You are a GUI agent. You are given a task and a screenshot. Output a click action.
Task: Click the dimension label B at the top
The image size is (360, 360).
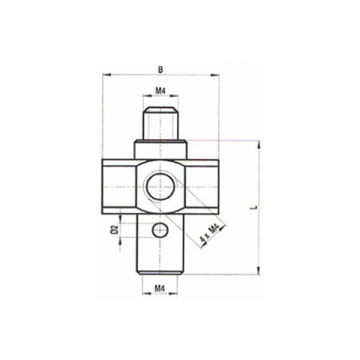161,70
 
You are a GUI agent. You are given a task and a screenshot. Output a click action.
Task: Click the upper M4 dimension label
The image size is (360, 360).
161,91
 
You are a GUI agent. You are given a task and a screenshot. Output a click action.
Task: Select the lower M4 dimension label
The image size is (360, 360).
160,288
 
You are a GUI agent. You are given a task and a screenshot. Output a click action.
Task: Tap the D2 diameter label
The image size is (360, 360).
116,230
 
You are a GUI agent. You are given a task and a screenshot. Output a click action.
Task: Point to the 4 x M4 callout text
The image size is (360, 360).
209,235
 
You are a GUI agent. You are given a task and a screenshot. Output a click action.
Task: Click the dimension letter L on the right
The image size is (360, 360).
255,207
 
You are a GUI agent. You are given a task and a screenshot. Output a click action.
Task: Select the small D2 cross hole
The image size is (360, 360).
160,230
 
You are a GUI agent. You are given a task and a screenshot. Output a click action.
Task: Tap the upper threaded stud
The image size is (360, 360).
160,124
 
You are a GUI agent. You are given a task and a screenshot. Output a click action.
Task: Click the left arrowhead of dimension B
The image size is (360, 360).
106,75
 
